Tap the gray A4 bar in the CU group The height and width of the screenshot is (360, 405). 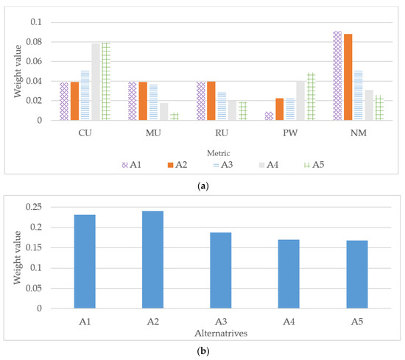tap(96, 82)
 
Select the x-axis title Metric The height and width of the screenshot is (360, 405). tap(212, 150)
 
